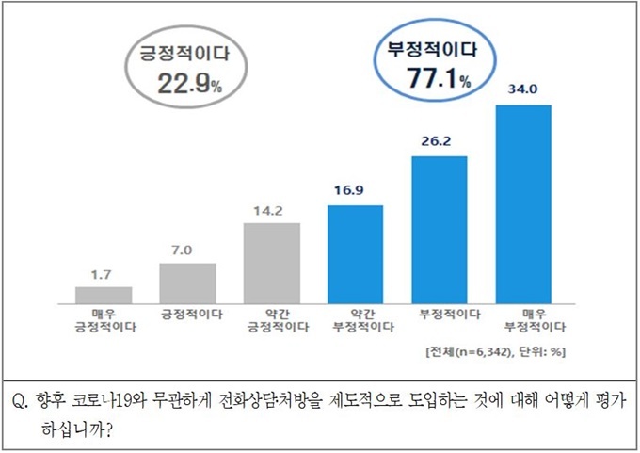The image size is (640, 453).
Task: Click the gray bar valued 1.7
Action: click(x=104, y=294)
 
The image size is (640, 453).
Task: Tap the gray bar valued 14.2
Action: click(x=271, y=262)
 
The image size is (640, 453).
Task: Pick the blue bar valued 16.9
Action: click(x=355, y=253)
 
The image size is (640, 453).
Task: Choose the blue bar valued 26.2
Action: click(x=439, y=229)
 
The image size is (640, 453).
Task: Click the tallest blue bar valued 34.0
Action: click(x=522, y=203)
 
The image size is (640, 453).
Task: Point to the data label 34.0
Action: click(x=522, y=91)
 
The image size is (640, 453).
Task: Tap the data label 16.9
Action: click(x=355, y=192)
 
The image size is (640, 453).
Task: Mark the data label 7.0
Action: click(x=187, y=250)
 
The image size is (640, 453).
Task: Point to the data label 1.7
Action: click(x=104, y=274)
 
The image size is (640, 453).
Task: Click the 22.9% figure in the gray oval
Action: click(x=184, y=84)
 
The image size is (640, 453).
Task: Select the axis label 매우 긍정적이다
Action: click(x=104, y=321)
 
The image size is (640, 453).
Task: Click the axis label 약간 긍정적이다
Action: click(x=271, y=321)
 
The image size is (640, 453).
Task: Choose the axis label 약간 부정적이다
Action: click(x=355, y=321)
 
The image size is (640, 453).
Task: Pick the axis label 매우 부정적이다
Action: click(x=522, y=321)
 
